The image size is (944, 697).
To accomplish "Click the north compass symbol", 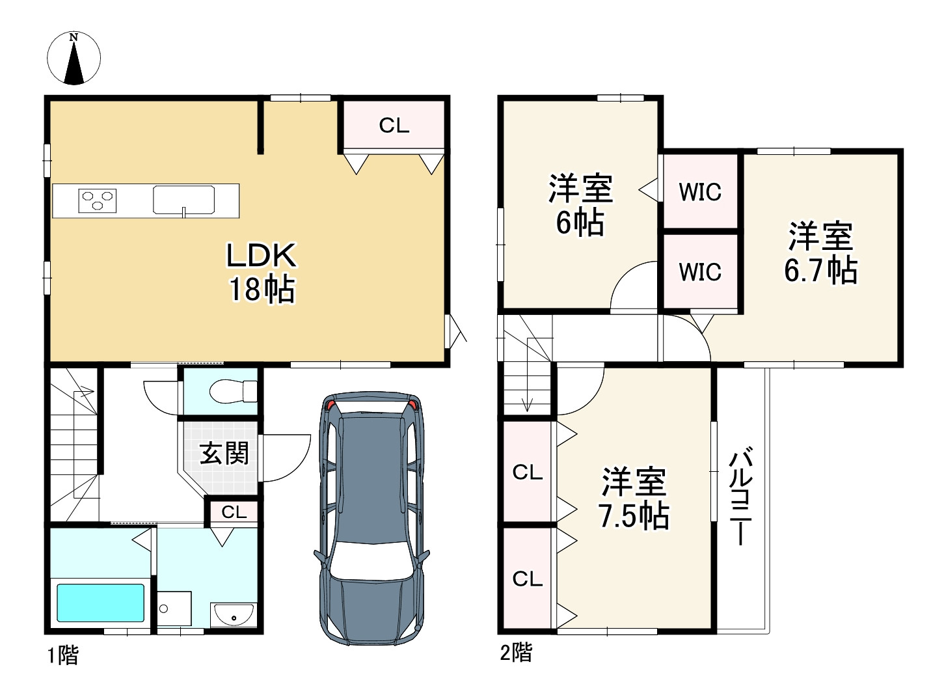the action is pyautogui.click(x=74, y=58).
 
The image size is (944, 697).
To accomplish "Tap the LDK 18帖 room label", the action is pyautogui.click(x=262, y=273).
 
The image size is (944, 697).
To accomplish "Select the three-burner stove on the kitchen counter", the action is pyautogui.click(x=98, y=201).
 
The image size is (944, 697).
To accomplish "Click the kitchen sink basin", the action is pyautogui.click(x=184, y=200).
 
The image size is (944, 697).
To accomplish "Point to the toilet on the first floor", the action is pyautogui.click(x=233, y=391).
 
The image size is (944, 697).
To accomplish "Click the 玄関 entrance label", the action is pyautogui.click(x=224, y=453).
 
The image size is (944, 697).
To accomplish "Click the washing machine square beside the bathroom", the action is pyautogui.click(x=174, y=608).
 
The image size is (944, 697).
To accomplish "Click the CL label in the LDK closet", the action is pyautogui.click(x=394, y=126).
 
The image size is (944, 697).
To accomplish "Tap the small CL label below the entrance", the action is pyautogui.click(x=234, y=512).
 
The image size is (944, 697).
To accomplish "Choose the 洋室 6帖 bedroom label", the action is pyautogui.click(x=580, y=205).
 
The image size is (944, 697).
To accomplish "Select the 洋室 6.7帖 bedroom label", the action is pyautogui.click(x=821, y=253).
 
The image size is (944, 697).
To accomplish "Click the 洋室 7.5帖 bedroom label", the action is pyautogui.click(x=634, y=499).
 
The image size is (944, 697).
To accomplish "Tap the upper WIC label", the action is pyautogui.click(x=700, y=192).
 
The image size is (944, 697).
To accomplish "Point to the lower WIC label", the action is pyautogui.click(x=700, y=271).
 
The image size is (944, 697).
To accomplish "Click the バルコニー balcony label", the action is pyautogui.click(x=740, y=496).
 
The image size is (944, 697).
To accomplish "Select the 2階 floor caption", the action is pyautogui.click(x=516, y=652).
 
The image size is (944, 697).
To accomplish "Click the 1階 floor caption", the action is pyautogui.click(x=63, y=655).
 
